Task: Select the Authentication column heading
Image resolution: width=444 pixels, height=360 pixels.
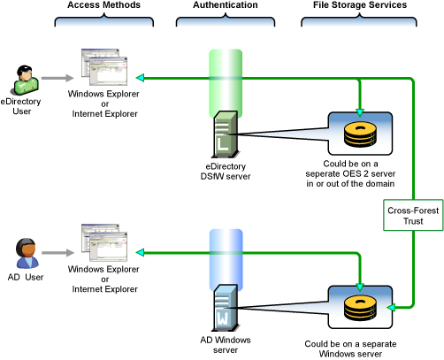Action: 225,5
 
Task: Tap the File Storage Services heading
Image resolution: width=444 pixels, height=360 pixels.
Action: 360,5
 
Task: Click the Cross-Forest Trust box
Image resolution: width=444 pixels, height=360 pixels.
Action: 408,216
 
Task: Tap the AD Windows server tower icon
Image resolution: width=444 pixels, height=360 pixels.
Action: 225,306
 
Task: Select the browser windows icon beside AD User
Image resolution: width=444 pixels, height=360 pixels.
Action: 99,242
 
